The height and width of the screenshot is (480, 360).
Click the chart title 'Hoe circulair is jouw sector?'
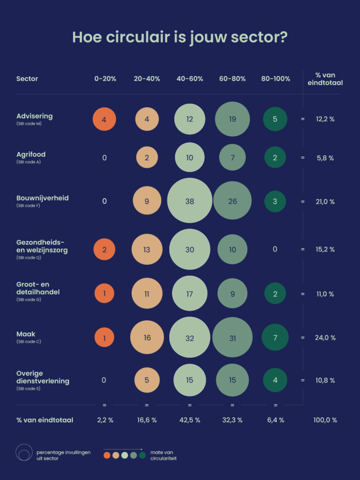click(x=180, y=37)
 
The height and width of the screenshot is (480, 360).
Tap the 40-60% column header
click(x=190, y=79)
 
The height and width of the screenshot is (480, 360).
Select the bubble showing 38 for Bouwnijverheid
click(x=190, y=201)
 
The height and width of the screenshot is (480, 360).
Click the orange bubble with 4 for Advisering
click(x=105, y=119)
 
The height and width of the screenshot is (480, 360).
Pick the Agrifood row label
click(x=31, y=154)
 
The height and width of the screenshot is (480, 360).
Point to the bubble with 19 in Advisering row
click(x=232, y=119)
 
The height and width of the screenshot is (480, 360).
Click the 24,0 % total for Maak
click(x=325, y=337)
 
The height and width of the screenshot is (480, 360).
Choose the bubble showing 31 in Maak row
click(x=232, y=337)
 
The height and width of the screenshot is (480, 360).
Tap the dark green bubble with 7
click(x=275, y=337)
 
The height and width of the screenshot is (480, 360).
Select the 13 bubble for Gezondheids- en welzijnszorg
click(x=147, y=249)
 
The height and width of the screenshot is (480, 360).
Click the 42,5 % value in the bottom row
click(x=190, y=420)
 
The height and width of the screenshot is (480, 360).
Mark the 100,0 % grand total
click(x=325, y=420)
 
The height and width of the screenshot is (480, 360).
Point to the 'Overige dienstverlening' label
click(x=43, y=377)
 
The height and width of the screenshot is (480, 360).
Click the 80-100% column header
click(x=276, y=79)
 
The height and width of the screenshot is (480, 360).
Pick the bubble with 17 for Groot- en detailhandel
click(x=190, y=293)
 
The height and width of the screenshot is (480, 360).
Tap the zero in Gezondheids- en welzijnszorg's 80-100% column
click(x=275, y=249)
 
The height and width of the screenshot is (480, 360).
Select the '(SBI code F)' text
click(x=28, y=206)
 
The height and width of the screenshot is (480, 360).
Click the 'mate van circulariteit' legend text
click(x=164, y=455)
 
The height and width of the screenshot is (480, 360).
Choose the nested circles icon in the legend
click(x=24, y=452)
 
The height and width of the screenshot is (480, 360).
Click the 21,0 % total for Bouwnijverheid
click(x=325, y=202)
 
